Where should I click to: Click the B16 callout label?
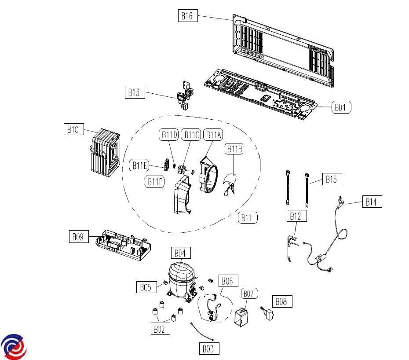point(187,16)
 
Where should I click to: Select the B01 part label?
point(341,107)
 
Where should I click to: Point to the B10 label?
point(73,129)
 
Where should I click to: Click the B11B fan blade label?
point(234,149)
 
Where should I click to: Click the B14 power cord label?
point(372,202)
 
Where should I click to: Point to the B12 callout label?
point(296,216)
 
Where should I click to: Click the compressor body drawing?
point(180,277)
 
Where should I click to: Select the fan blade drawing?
point(231,184)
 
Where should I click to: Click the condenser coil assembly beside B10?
point(104,152)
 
